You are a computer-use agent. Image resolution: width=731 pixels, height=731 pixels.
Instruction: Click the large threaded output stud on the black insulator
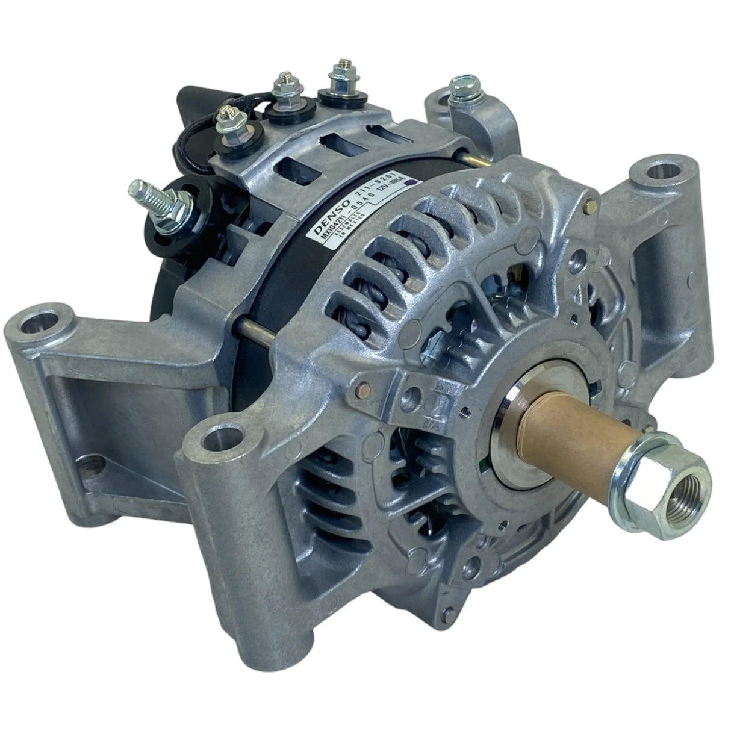point(145,191)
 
